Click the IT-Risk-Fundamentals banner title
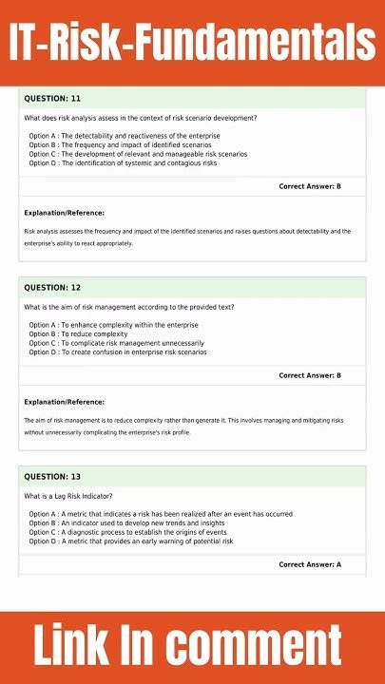[192, 43]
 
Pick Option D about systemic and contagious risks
[123, 163]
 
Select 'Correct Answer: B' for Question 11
[310, 186]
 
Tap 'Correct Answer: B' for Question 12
[310, 375]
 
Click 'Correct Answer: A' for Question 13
[310, 564]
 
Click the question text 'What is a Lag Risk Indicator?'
[68, 496]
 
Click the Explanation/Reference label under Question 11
[64, 213]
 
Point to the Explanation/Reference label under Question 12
[64, 402]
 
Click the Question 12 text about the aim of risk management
[128, 307]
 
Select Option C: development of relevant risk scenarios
[138, 154]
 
